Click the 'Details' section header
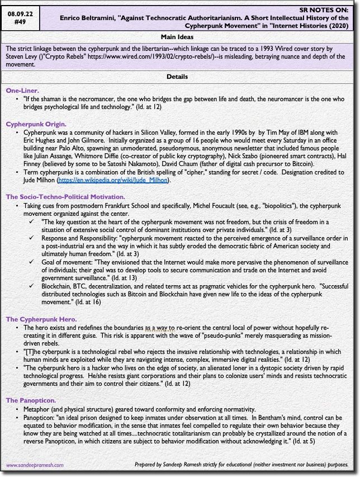179,77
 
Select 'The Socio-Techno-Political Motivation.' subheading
65,197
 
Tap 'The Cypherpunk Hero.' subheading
41,319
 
